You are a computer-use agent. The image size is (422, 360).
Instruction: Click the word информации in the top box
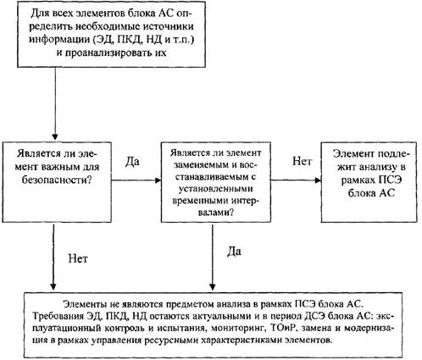[x=58, y=40]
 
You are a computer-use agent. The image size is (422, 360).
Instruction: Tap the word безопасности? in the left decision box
[x=57, y=180]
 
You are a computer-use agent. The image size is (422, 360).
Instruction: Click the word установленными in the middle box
[x=215, y=189]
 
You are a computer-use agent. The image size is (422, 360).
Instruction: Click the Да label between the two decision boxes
[x=132, y=162]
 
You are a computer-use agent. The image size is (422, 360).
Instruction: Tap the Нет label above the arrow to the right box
[x=302, y=161]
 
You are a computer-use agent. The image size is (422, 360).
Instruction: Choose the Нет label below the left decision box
[x=78, y=258]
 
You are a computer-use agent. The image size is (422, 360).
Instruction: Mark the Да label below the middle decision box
[x=234, y=252]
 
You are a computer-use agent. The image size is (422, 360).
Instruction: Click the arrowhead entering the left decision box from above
[x=55, y=136]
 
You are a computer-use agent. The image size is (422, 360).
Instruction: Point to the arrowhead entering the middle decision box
[x=157, y=180]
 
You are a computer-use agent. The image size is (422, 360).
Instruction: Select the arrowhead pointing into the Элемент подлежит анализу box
[x=317, y=180]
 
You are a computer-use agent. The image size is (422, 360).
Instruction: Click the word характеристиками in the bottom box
[x=240, y=340]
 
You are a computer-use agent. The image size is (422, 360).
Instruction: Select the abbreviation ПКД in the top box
[x=128, y=40]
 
